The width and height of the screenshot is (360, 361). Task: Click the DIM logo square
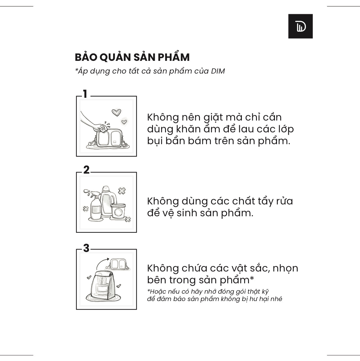(x=300, y=26)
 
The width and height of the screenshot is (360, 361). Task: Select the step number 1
(x=85, y=94)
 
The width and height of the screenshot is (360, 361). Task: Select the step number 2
(x=86, y=170)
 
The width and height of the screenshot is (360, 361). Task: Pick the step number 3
(x=86, y=248)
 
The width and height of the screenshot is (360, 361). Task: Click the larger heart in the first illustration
(x=116, y=112)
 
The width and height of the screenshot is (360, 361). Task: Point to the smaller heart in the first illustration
(x=124, y=122)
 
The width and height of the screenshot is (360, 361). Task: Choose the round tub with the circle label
(x=118, y=211)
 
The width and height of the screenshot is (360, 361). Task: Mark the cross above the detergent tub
(x=122, y=191)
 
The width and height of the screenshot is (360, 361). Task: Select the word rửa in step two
(x=284, y=201)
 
